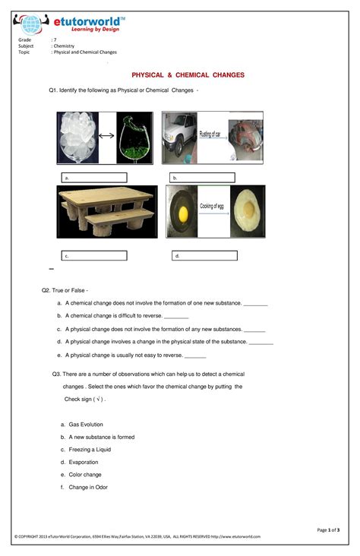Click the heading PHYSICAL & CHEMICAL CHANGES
coord(188,75)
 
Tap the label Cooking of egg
coord(214,207)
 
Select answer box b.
coord(203,177)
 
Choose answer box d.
coord(204,256)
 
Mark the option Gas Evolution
coord(85,424)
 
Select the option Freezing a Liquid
coord(89,449)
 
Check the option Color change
coord(84,475)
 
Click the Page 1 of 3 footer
coord(328,529)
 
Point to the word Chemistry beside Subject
coord(64,46)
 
